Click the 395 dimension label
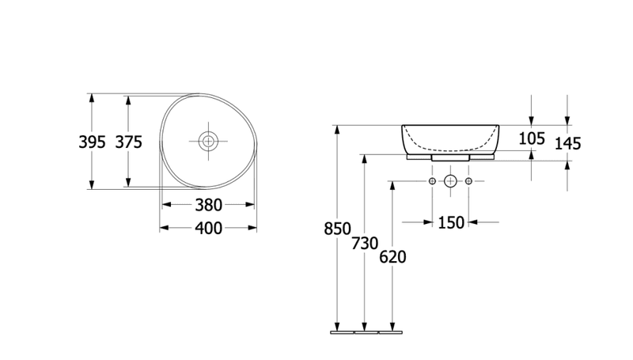pyautogui.click(x=92, y=142)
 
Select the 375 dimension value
pyautogui.click(x=129, y=142)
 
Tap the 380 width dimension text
pyautogui.click(x=208, y=205)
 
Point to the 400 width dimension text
pyautogui.click(x=208, y=229)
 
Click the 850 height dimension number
pyautogui.click(x=338, y=229)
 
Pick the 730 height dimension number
pyautogui.click(x=365, y=244)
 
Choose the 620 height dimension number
pyautogui.click(x=392, y=257)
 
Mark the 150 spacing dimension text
pyautogui.click(x=451, y=223)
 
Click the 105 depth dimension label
pyautogui.click(x=532, y=138)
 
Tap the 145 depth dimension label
pyautogui.click(x=567, y=144)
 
